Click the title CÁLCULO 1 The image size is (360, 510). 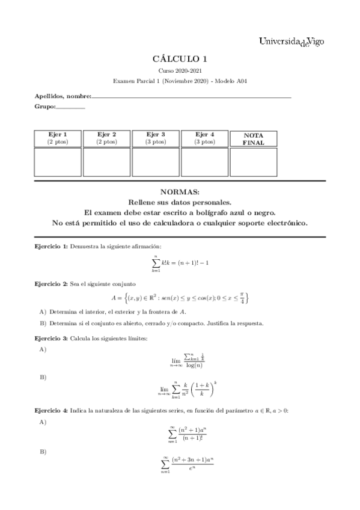coord(180,59)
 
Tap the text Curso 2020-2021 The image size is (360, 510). coord(180,71)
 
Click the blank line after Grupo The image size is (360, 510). coord(70,107)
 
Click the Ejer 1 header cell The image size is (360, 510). coord(58,138)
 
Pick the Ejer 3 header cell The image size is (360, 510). coord(156,138)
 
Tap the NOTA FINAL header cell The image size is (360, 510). coord(253,138)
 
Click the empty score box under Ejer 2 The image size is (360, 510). coord(106,162)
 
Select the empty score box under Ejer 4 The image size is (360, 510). coord(204,162)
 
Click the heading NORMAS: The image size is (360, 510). coord(180,192)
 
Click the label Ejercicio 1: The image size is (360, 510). coord(50,247)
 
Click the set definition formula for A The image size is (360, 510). coord(180,298)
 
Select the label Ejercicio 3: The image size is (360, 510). coord(50,338)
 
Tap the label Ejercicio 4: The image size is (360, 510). coord(50,410)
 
